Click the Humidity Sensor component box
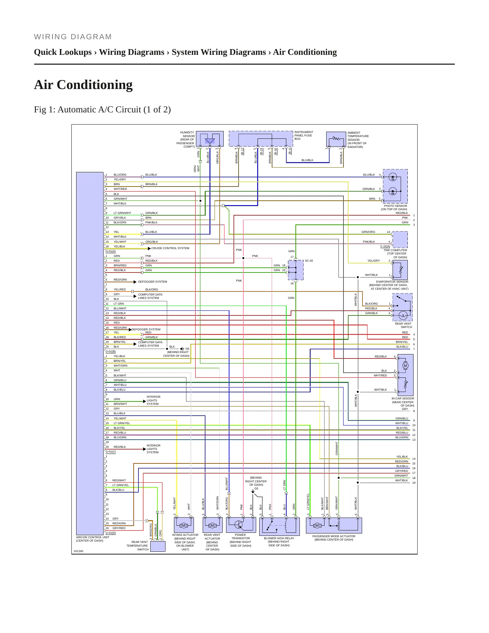click(210, 139)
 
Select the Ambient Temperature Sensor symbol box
click(336, 139)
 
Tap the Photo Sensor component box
click(395, 186)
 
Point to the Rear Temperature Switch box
click(158, 546)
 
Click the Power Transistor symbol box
click(241, 525)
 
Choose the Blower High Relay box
click(280, 526)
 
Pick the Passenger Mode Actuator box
click(334, 525)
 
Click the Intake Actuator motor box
click(184, 525)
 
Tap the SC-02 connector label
click(309, 261)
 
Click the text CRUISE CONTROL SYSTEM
click(170, 248)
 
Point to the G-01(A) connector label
click(111, 251)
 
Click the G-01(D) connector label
click(111, 533)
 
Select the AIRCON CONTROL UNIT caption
click(93, 537)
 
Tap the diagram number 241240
click(79, 551)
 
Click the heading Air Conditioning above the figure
click(83, 85)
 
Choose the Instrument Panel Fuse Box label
click(304, 135)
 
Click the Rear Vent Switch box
click(402, 307)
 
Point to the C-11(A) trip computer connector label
click(385, 246)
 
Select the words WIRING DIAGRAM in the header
click(73, 37)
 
